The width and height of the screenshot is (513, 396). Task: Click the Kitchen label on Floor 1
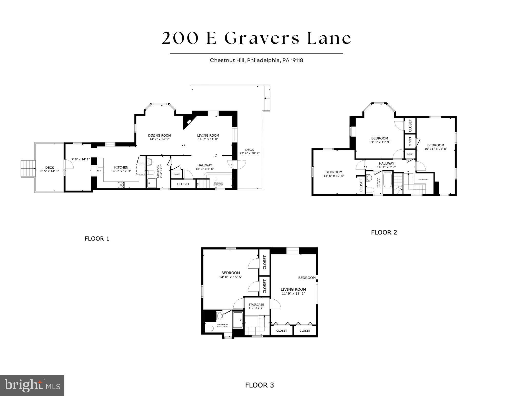(x=121, y=167)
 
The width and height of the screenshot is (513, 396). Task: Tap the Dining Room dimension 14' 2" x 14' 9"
(x=159, y=139)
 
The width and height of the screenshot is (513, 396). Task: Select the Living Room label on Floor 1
(x=208, y=135)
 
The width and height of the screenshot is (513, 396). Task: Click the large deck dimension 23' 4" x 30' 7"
(x=249, y=153)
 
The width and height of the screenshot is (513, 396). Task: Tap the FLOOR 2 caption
(x=384, y=232)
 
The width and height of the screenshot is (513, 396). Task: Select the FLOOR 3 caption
(x=259, y=385)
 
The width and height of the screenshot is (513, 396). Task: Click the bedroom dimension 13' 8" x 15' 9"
(x=380, y=142)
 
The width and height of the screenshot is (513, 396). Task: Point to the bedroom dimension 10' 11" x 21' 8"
(x=436, y=149)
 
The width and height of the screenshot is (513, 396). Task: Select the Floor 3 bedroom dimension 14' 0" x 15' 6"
(x=231, y=277)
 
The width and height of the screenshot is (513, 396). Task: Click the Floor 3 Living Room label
(x=293, y=289)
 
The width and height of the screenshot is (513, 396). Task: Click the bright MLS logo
(x=32, y=385)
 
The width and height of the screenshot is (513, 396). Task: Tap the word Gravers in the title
(x=262, y=38)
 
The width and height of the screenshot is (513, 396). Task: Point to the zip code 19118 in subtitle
(x=297, y=60)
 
